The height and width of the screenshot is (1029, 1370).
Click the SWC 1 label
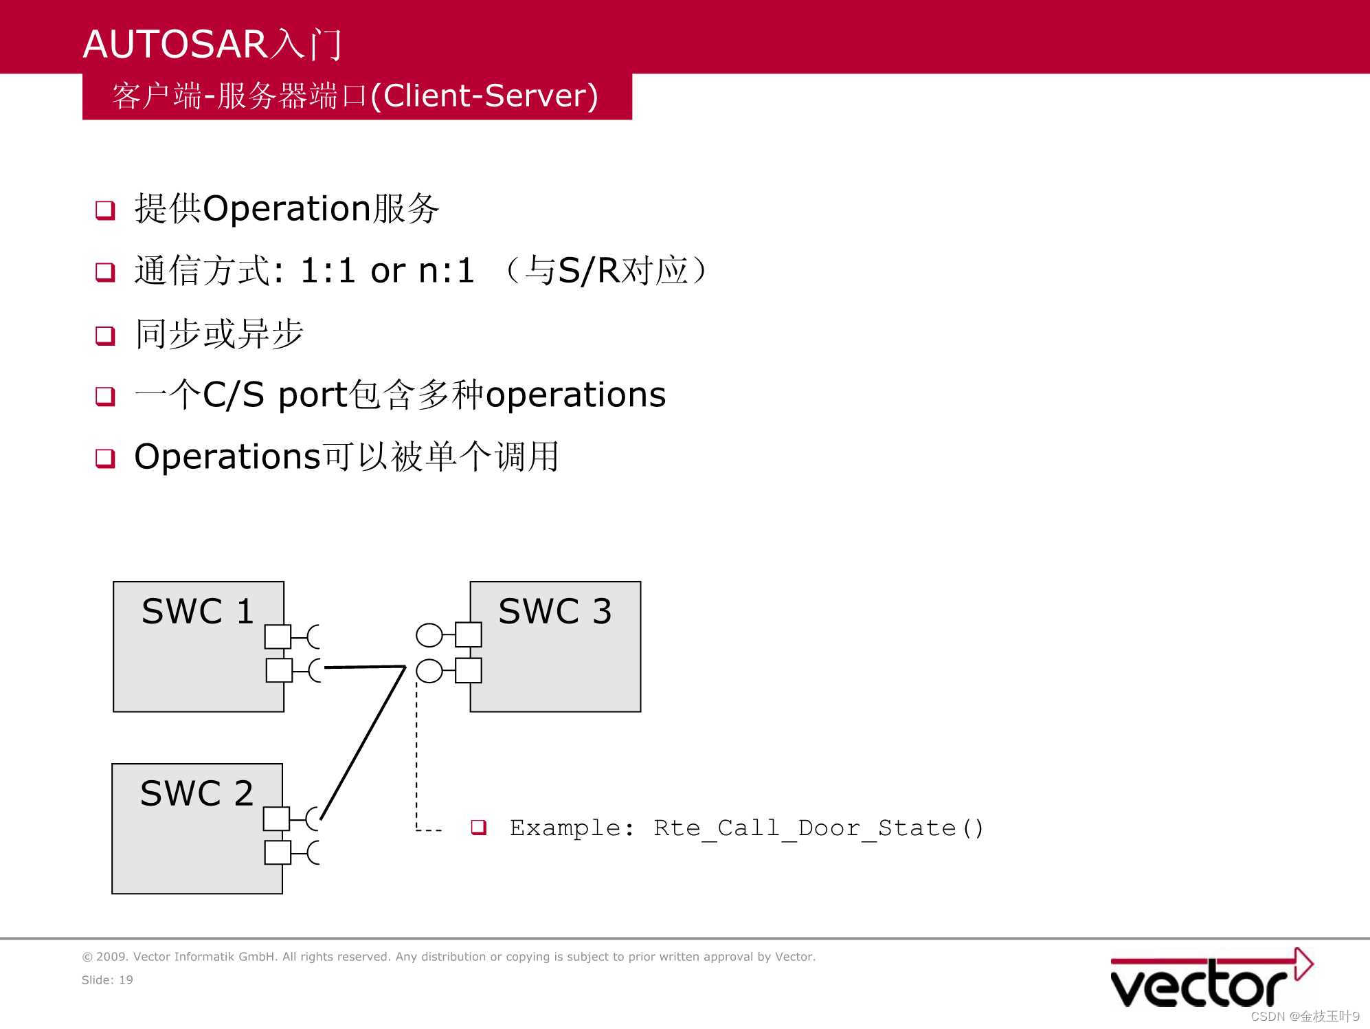click(198, 611)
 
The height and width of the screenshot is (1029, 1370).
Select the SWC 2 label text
click(196, 793)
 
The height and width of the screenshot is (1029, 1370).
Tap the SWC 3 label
click(555, 611)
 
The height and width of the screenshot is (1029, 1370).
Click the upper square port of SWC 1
click(278, 637)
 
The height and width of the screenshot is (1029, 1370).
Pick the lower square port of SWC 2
click(278, 852)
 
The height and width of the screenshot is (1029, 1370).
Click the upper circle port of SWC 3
click(429, 635)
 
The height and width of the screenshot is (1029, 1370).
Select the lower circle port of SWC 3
click(429, 670)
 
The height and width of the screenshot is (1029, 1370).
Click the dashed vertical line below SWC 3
click(416, 756)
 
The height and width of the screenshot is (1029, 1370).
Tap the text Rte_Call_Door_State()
click(818, 828)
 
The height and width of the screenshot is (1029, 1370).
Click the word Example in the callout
click(565, 828)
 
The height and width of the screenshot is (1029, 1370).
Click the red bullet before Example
click(479, 827)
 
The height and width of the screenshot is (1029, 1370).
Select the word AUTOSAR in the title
click(175, 44)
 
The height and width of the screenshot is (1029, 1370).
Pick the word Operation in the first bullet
click(287, 208)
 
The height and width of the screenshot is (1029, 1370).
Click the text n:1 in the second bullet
click(447, 270)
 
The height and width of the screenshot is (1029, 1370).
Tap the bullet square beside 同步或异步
click(105, 335)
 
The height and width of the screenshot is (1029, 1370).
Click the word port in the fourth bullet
click(313, 395)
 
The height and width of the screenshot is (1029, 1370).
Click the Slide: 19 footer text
click(107, 980)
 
